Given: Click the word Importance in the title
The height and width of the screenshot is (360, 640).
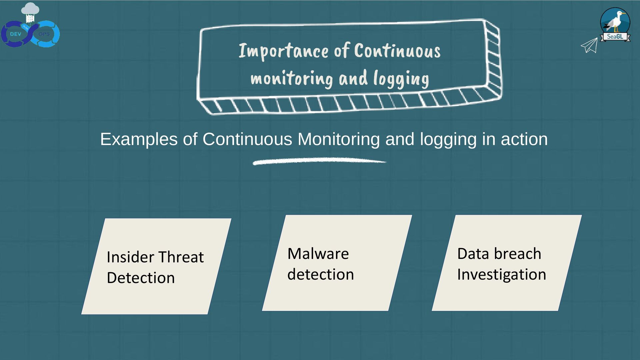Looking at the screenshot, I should [283, 51].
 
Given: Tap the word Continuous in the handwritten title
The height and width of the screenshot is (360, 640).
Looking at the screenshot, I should [397, 51].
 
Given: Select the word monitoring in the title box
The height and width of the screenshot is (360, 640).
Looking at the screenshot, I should [291, 79].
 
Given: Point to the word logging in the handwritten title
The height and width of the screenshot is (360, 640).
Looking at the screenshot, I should [401, 79].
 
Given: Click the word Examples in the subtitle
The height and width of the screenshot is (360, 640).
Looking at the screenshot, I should [139, 139].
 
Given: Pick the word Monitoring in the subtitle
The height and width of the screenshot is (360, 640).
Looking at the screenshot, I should [338, 139].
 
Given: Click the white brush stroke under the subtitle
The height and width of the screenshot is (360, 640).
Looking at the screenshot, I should [319, 162].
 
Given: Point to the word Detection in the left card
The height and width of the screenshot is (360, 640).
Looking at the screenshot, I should [141, 278].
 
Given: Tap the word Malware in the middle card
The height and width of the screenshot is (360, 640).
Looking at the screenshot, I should [318, 254].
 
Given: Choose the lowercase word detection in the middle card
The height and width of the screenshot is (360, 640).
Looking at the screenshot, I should [320, 274].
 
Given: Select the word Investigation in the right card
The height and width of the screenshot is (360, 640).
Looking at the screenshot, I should [501, 274].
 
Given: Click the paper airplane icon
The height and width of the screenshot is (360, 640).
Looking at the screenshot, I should [589, 45].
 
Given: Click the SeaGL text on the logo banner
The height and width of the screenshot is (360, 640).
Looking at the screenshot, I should [615, 36].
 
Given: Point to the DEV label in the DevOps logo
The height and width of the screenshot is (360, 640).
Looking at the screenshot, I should [15, 34].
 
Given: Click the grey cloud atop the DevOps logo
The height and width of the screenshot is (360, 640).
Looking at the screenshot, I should [30, 8].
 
